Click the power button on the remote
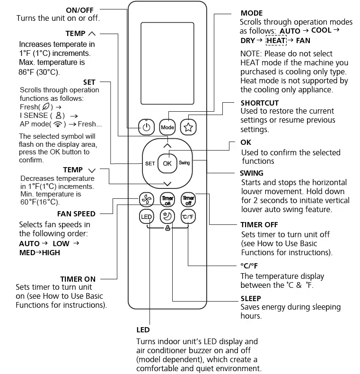tap(147, 127)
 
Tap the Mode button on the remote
tap(167, 127)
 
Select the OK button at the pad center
tap(167, 163)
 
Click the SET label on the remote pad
tap(150, 163)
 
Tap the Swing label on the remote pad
tap(184, 163)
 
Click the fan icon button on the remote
tap(147, 199)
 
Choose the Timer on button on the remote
tap(167, 199)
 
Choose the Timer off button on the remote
tap(188, 199)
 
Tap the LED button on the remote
tap(147, 217)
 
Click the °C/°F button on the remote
tap(188, 217)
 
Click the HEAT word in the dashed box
tap(276, 41)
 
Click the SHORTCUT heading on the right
tap(259, 103)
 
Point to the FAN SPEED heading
tap(77, 214)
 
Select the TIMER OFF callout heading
tap(259, 224)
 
